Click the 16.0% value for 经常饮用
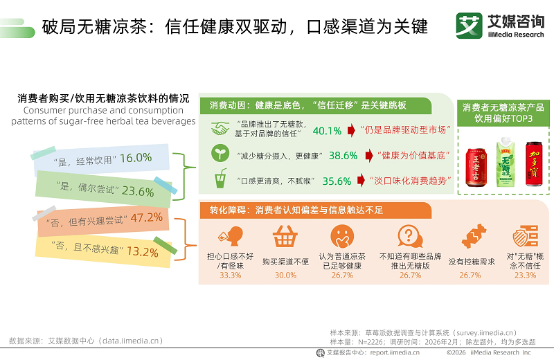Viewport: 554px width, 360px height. [136, 158]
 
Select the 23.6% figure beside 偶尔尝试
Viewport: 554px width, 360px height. [138, 192]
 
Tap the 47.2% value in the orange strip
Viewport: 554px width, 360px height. [146, 217]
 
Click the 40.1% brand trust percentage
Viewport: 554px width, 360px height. [328, 130]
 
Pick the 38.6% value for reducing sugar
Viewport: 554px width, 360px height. [343, 156]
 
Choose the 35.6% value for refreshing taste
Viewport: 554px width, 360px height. [337, 181]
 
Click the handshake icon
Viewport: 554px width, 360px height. [220, 129]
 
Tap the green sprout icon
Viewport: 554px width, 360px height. [220, 155]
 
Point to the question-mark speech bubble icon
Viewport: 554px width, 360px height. [409, 237]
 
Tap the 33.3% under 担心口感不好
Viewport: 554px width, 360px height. [230, 275]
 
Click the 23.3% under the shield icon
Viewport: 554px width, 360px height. [525, 275]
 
